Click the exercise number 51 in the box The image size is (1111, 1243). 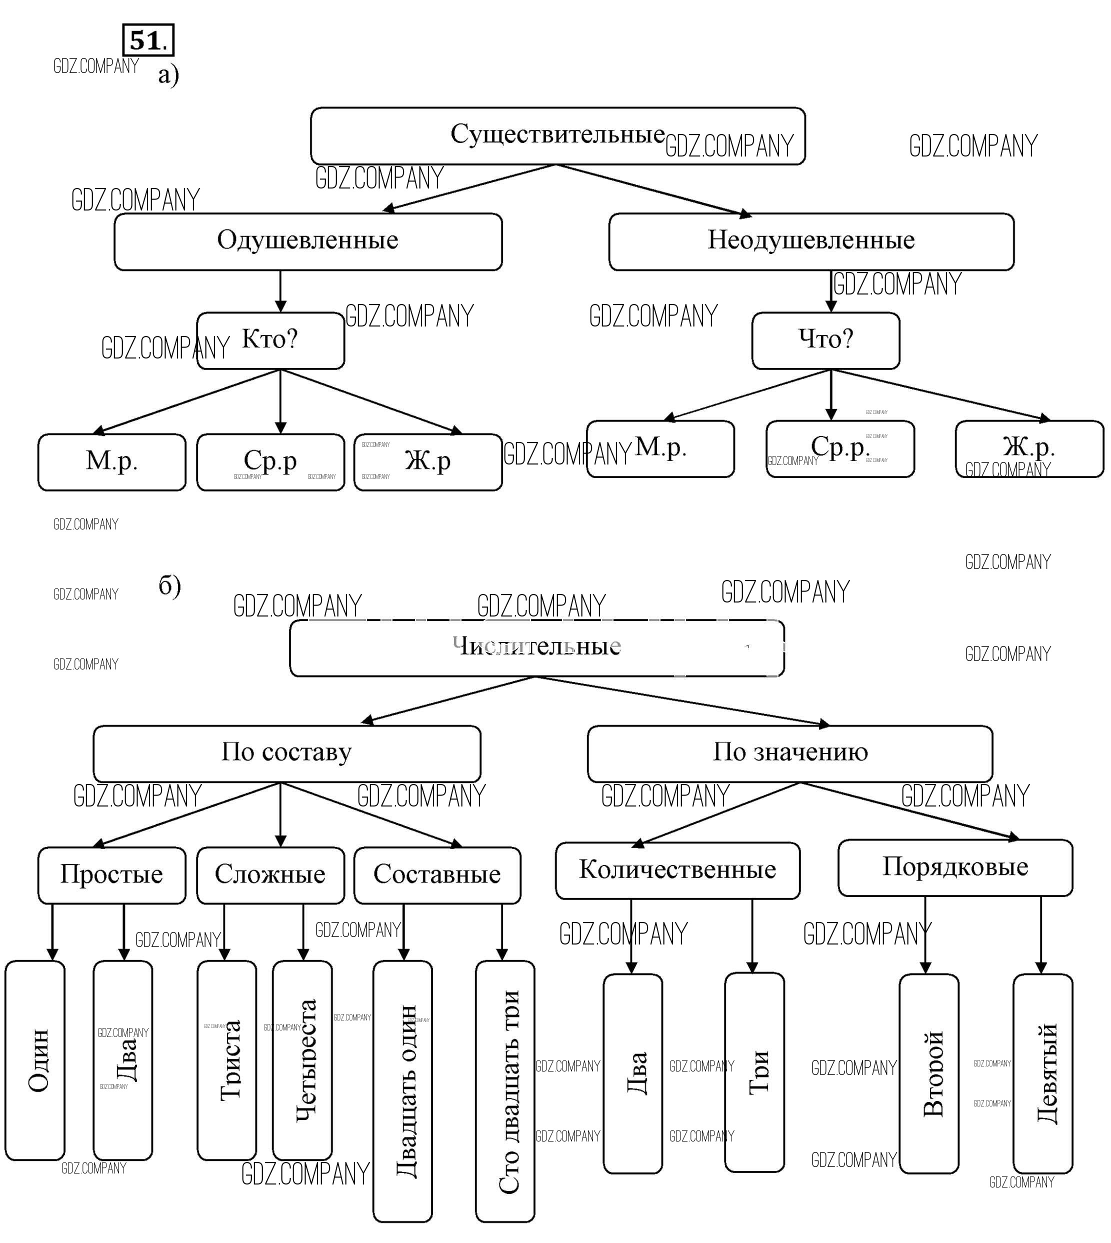coord(147,41)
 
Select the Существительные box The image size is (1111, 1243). coord(557,135)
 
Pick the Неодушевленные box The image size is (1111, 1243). coord(810,242)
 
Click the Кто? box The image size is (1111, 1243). coord(270,340)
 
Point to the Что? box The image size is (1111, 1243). coord(825,340)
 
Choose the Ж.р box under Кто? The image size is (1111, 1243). coord(428,462)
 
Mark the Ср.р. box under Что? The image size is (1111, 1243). coord(840,448)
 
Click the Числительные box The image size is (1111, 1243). coord(536,648)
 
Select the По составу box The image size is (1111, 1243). coord(286,753)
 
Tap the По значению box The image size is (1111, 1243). coord(790,753)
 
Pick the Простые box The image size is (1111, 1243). coord(111,875)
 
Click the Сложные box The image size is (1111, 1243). coord(270,875)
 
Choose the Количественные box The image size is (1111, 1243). coord(677,870)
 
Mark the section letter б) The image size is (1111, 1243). coord(169,585)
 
